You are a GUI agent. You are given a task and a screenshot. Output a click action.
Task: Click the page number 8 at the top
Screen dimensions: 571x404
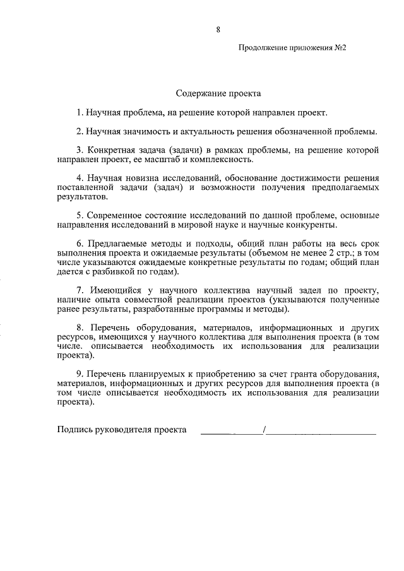tap(218, 29)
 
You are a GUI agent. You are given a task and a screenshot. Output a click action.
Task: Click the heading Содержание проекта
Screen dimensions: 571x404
tap(218, 93)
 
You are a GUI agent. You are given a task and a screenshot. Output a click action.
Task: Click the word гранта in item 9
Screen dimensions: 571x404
tap(287, 373)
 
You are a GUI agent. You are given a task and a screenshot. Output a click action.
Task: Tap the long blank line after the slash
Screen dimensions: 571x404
tap(322, 434)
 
